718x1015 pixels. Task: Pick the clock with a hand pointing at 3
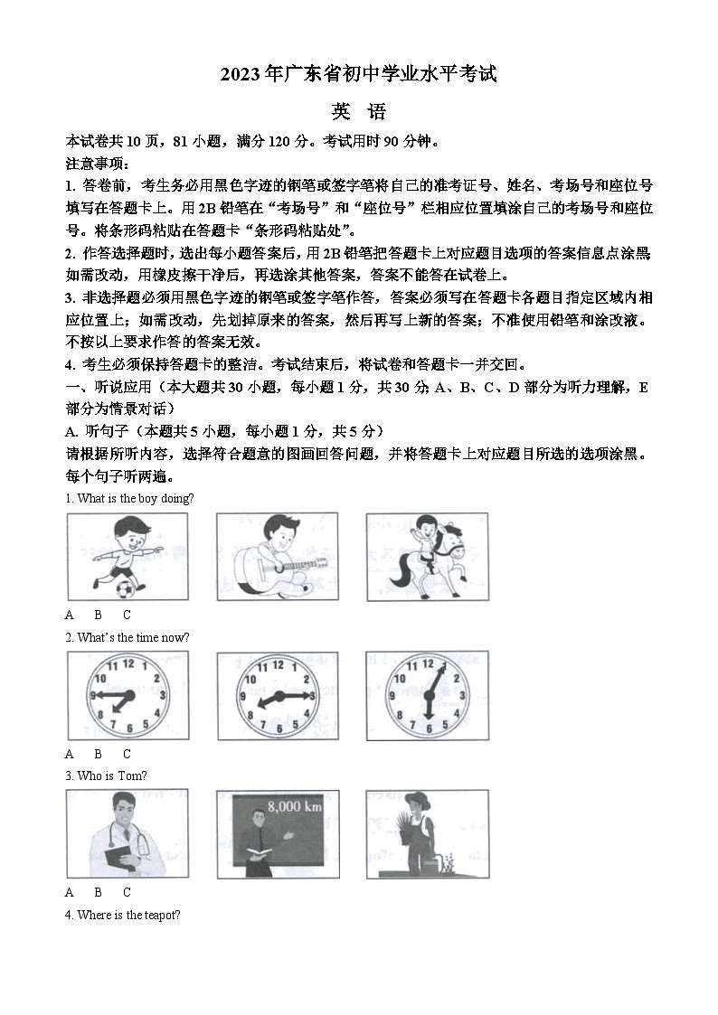pyautogui.click(x=278, y=696)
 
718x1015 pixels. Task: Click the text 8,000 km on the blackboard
pyautogui.click(x=291, y=806)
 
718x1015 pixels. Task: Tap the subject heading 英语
pyautogui.click(x=358, y=112)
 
